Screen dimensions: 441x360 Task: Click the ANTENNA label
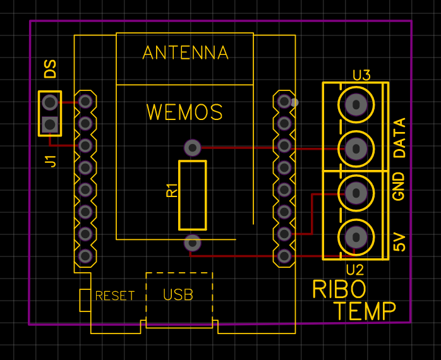point(185,52)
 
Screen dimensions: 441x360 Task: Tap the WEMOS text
point(184,112)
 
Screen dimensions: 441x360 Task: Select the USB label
point(178,295)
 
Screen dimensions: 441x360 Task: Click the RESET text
point(115,296)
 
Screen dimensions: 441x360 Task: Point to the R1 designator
point(172,190)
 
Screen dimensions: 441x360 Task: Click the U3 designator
point(361,75)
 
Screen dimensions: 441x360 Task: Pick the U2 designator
point(355,270)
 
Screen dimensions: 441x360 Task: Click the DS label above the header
point(51,69)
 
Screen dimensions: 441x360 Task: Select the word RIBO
point(339,289)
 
